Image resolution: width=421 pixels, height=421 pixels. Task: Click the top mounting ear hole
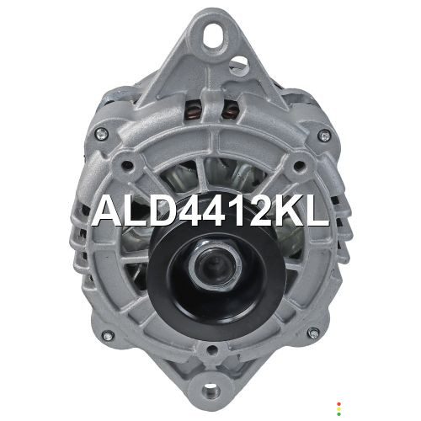click(x=214, y=35)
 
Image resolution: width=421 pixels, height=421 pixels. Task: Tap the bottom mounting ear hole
click(x=211, y=390)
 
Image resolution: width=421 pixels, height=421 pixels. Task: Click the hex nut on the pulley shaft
click(x=216, y=264)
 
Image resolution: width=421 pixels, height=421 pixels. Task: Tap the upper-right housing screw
click(x=325, y=136)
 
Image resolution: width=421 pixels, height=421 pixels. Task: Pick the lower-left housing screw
click(x=108, y=335)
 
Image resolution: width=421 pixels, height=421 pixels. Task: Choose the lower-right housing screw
click(x=313, y=333)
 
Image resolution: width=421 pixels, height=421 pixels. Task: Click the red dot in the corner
click(x=338, y=404)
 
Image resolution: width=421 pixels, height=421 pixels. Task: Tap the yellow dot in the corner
click(x=338, y=409)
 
